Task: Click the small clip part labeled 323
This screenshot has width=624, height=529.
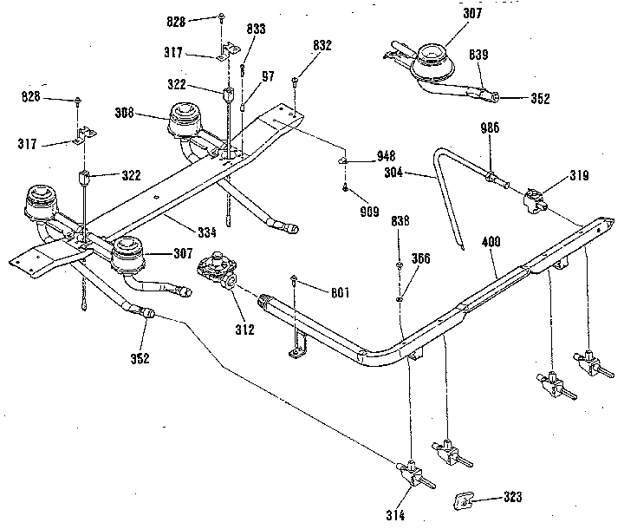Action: (x=467, y=500)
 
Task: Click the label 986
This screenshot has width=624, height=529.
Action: (x=491, y=128)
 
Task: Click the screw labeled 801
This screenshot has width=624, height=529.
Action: (x=297, y=280)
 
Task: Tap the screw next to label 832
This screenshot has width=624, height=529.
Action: (x=297, y=81)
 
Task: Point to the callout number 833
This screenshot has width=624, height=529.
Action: (x=256, y=28)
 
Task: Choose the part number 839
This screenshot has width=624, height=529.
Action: (x=479, y=56)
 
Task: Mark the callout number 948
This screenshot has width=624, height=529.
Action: (x=386, y=157)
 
